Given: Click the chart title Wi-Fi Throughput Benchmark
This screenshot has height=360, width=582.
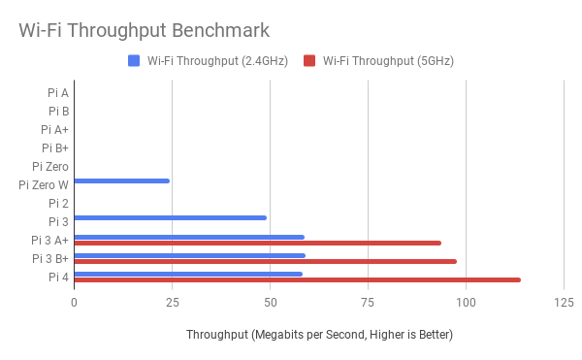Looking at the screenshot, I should pyautogui.click(x=145, y=30).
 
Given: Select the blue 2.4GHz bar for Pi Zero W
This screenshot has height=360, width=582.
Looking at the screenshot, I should pyautogui.click(x=121, y=181).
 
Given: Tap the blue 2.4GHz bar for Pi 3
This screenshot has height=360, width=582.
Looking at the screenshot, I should pyautogui.click(x=170, y=217).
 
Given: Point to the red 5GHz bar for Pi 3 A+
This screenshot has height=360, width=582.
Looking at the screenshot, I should pyautogui.click(x=257, y=243).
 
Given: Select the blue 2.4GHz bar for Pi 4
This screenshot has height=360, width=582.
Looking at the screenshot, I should pyautogui.click(x=188, y=274).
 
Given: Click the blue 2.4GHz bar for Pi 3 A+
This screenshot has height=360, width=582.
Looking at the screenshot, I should pyautogui.click(x=189, y=237).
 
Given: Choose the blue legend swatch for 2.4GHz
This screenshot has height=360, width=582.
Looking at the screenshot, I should pyautogui.click(x=134, y=61).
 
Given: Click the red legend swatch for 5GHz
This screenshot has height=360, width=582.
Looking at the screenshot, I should pyautogui.click(x=310, y=61).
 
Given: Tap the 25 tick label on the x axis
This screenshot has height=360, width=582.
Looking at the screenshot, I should pyautogui.click(x=172, y=302).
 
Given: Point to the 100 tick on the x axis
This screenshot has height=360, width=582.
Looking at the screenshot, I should pyautogui.click(x=467, y=302).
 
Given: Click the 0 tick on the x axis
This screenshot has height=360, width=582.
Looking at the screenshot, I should pyautogui.click(x=74, y=302).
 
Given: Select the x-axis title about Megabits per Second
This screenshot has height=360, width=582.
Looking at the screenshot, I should pyautogui.click(x=319, y=335).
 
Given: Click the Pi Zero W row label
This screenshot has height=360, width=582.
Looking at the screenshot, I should pyautogui.click(x=44, y=184).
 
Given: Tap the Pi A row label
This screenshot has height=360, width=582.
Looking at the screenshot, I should pyautogui.click(x=57, y=93).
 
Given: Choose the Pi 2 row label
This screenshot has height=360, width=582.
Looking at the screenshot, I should pyautogui.click(x=58, y=203).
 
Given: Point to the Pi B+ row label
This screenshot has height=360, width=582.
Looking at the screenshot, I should pyautogui.click(x=54, y=148).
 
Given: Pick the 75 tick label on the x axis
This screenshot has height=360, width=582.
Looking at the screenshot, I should pyautogui.click(x=368, y=302).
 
